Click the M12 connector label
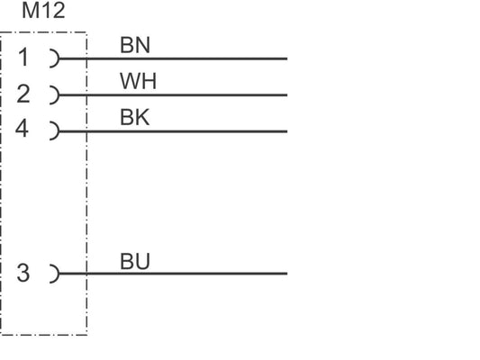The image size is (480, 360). (43, 11)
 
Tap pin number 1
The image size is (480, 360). (24, 57)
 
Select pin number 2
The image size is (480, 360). (23, 94)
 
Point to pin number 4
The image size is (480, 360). (22, 128)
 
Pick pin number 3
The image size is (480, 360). (23, 273)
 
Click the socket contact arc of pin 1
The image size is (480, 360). (58, 58)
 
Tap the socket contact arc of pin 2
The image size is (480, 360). (58, 94)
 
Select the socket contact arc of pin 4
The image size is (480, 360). (58, 130)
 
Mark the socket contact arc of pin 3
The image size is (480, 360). (58, 274)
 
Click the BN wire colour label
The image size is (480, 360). (135, 45)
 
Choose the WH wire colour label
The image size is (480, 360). (138, 81)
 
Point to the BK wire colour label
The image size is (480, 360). (135, 117)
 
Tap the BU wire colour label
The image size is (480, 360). (135, 262)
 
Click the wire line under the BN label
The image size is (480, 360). (173, 58)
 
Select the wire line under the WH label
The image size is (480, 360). (173, 94)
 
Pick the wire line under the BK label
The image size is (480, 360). (173, 131)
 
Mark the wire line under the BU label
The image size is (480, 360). (173, 274)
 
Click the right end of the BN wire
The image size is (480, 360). (287, 58)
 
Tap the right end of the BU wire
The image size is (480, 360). (287, 274)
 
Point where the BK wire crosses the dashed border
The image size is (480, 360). (87, 131)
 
